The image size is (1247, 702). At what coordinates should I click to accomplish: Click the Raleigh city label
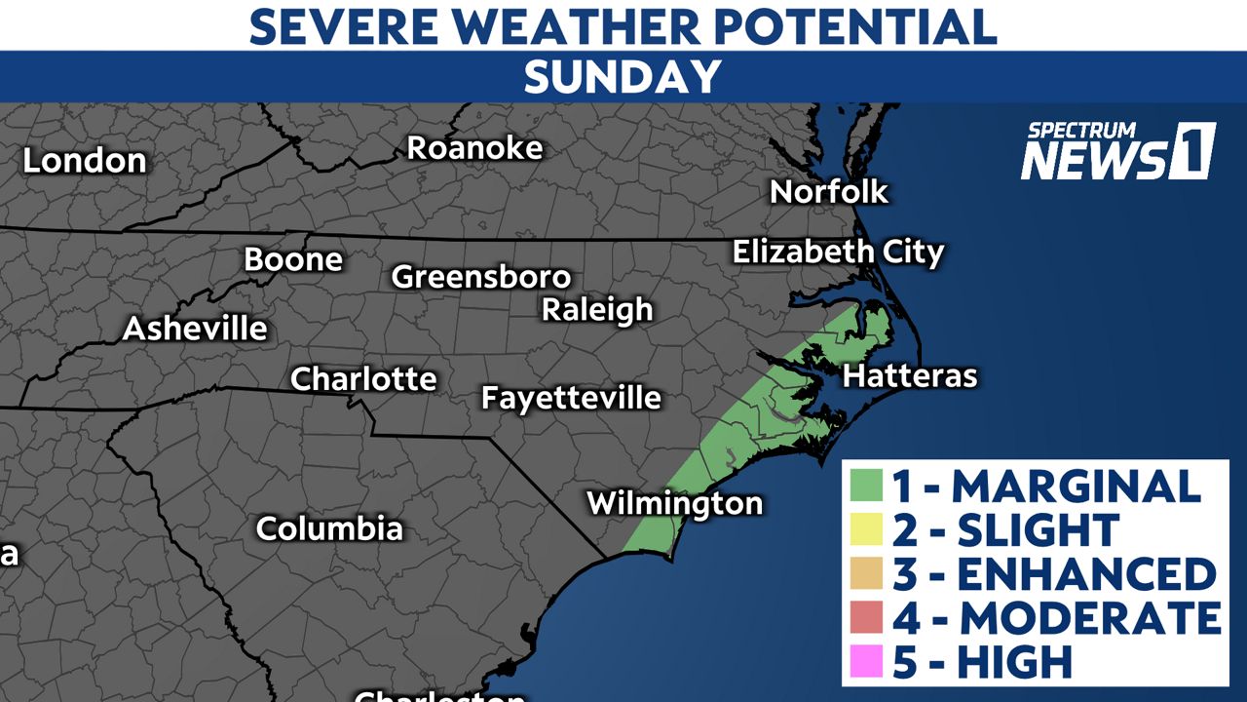pyautogui.click(x=597, y=310)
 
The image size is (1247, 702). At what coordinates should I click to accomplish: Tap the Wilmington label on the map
pyautogui.click(x=674, y=503)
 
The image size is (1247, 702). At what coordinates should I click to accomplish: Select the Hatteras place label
pyautogui.click(x=909, y=375)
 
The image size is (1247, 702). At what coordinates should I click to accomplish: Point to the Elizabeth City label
pyautogui.click(x=838, y=253)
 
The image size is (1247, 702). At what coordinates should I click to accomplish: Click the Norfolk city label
pyautogui.click(x=829, y=191)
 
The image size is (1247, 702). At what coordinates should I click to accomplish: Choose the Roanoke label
pyautogui.click(x=474, y=148)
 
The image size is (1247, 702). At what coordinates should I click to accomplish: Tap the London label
pyautogui.click(x=85, y=161)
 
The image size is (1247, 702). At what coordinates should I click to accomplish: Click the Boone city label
pyautogui.click(x=293, y=259)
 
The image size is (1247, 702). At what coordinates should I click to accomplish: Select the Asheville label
pyautogui.click(x=195, y=329)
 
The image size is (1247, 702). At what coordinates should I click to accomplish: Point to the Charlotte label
pyautogui.click(x=363, y=378)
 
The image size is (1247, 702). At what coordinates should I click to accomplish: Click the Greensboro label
pyautogui.click(x=480, y=277)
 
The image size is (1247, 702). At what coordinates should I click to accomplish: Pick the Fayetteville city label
pyautogui.click(x=571, y=398)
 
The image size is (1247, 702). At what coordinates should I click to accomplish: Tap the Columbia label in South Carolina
pyautogui.click(x=329, y=528)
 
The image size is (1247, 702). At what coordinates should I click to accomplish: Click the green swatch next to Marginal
pyautogui.click(x=866, y=486)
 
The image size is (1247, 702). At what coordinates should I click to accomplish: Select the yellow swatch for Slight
pyautogui.click(x=866, y=529)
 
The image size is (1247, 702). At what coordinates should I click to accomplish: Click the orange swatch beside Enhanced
pyautogui.click(x=866, y=573)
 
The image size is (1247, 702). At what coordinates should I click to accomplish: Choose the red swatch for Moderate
pyautogui.click(x=866, y=617)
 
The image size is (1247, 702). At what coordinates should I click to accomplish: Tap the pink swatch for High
pyautogui.click(x=866, y=661)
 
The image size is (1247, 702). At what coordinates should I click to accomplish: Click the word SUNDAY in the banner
pyautogui.click(x=623, y=77)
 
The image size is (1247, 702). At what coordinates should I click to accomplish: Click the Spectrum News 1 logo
pyautogui.click(x=1117, y=152)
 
